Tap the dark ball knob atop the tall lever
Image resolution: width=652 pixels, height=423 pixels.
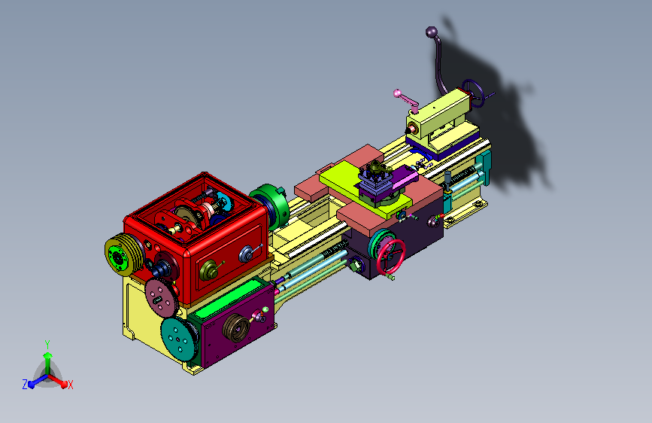[x=432, y=32]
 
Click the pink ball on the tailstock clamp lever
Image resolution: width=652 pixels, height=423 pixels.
[x=397, y=93]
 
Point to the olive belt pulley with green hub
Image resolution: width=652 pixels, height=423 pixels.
[x=123, y=254]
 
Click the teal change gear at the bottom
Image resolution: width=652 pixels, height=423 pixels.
[x=179, y=339]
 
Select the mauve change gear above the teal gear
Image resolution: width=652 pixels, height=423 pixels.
[x=162, y=297]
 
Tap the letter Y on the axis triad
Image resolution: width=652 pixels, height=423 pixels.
[x=47, y=345]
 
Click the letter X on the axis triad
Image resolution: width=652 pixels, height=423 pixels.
[x=70, y=385]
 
